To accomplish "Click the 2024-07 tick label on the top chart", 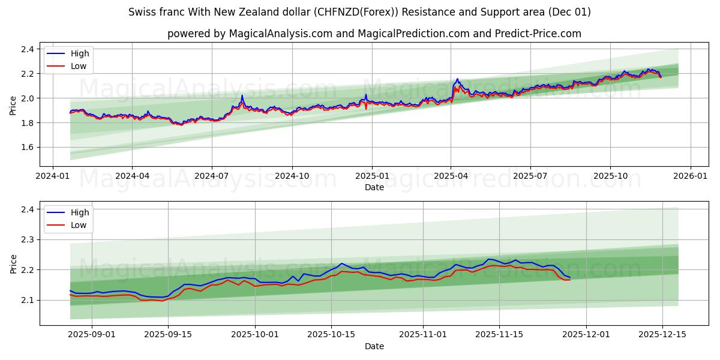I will tap(212, 176).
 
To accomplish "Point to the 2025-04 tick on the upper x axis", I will tap(451, 176).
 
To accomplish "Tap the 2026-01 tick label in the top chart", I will tap(690, 176).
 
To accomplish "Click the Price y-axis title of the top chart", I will tap(13, 105).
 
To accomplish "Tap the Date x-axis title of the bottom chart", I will tap(374, 346).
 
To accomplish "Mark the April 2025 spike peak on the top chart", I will tap(457, 79).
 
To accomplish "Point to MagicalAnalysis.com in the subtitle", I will tap(281, 34).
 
